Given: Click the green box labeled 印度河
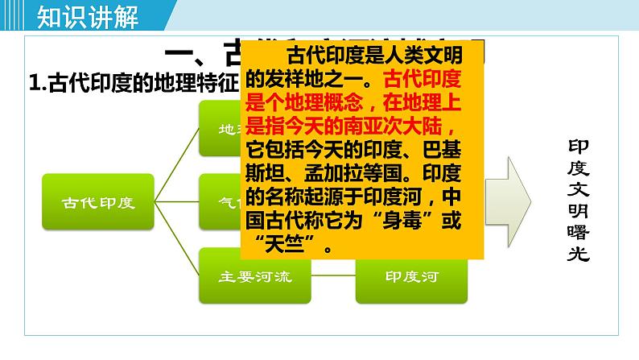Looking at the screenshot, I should tap(411, 277).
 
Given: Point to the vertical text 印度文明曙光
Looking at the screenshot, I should tap(579, 201).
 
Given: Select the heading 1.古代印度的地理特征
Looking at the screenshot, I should tap(134, 83).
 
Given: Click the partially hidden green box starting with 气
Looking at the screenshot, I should tap(220, 201).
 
